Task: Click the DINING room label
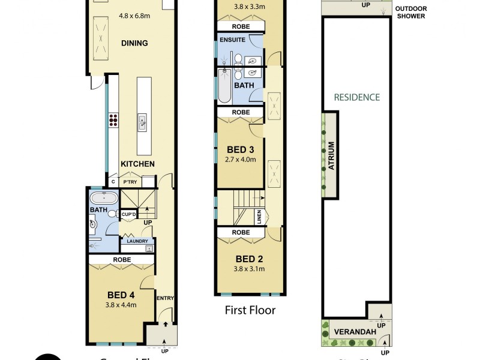(134, 43)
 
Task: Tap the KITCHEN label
(137, 164)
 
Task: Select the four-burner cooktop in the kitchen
(112, 120)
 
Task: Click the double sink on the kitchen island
(142, 122)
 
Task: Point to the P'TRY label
(130, 181)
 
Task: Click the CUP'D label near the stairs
(129, 214)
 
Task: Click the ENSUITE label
(232, 39)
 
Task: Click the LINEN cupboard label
(259, 215)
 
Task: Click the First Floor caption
(250, 310)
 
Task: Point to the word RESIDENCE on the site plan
(357, 97)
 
